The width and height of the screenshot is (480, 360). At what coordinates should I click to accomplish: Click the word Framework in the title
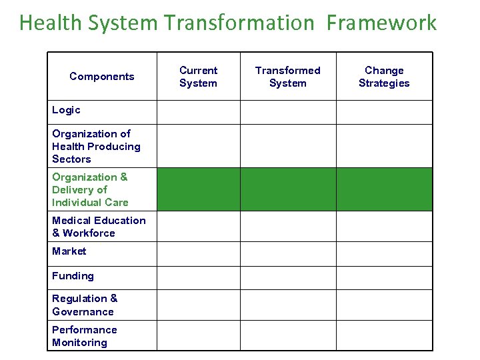pos(381,23)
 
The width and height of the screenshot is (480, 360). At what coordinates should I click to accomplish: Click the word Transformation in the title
pos(239,23)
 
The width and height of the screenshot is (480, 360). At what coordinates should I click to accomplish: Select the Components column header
pos(102,77)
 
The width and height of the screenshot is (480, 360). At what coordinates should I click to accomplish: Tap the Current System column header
pos(198,77)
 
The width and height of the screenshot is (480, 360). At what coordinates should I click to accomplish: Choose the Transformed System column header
pos(288,77)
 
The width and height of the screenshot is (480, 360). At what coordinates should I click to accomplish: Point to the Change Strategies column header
pos(384,77)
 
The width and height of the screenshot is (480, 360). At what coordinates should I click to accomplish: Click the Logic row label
pos(66,110)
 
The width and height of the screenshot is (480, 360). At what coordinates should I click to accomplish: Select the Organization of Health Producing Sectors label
pos(96,146)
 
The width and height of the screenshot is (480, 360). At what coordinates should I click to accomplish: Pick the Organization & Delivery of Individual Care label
pos(90,189)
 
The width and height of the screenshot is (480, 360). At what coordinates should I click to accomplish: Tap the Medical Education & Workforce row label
pos(99,227)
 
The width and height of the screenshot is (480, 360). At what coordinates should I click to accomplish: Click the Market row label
pos(69,251)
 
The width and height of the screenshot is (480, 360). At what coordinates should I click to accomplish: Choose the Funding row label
pos(73,276)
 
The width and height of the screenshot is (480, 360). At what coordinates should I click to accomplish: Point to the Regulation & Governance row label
pos(85,305)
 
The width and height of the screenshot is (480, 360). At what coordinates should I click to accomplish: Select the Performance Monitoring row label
pos(84,336)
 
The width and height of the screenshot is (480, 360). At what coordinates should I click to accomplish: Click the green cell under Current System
pos(198,189)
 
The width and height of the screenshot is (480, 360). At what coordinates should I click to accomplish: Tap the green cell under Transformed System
pos(288,189)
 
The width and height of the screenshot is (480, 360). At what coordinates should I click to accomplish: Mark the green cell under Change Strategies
pos(384,189)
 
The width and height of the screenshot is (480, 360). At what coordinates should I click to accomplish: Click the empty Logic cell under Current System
pos(198,112)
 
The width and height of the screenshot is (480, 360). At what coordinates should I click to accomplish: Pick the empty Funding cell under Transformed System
pos(288,277)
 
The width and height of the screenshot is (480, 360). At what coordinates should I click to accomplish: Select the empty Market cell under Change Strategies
pos(384,253)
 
